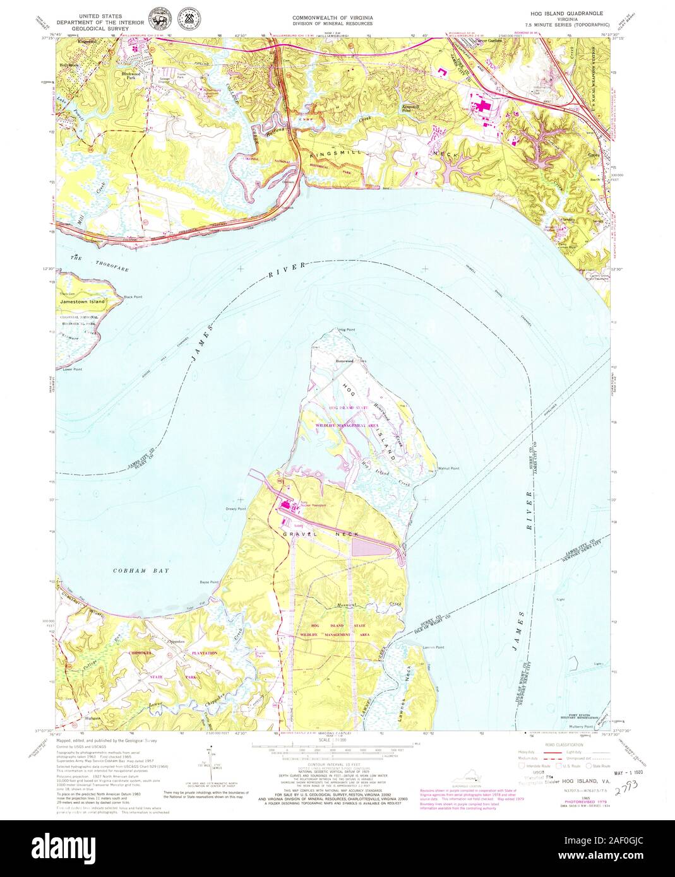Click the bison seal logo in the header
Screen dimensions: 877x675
click(x=154, y=18)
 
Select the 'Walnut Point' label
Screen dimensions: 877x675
click(x=448, y=469)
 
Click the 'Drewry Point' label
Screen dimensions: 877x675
click(x=236, y=509)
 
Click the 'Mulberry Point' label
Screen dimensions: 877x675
click(x=581, y=726)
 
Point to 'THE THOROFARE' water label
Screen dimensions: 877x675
click(x=100, y=263)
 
